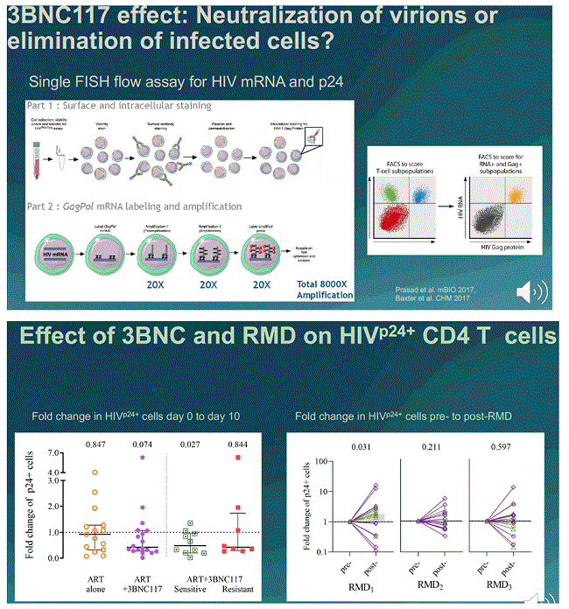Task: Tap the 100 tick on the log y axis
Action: pyautogui.click(x=326, y=461)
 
